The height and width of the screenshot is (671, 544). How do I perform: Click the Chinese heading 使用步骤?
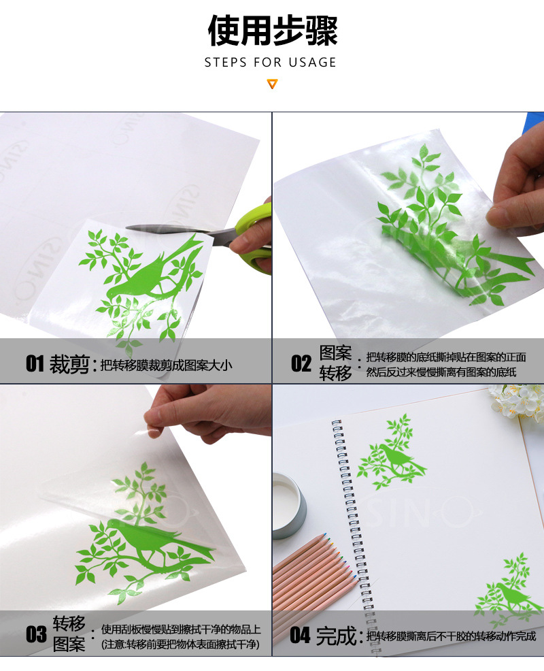pyautogui.click(x=272, y=30)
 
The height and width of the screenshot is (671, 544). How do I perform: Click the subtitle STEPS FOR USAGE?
pyautogui.click(x=271, y=63)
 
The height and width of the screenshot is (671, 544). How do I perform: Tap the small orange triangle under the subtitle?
pyautogui.click(x=272, y=84)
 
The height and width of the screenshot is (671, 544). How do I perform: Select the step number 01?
pyautogui.click(x=35, y=364)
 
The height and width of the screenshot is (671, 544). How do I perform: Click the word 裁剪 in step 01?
pyautogui.click(x=69, y=364)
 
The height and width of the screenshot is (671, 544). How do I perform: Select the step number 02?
pyautogui.click(x=301, y=363)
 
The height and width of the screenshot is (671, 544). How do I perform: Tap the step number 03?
pyautogui.click(x=36, y=634)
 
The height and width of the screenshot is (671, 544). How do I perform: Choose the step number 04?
pyautogui.click(x=300, y=636)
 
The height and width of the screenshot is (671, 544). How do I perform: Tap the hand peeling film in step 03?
pyautogui.click(x=204, y=412)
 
